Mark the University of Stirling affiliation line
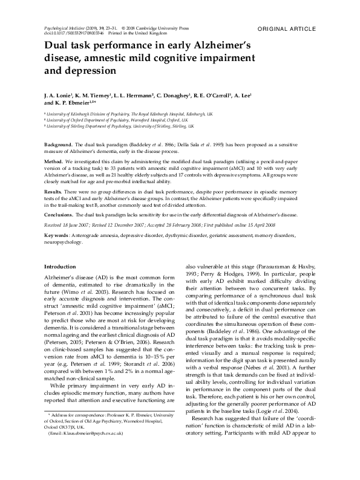121,126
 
